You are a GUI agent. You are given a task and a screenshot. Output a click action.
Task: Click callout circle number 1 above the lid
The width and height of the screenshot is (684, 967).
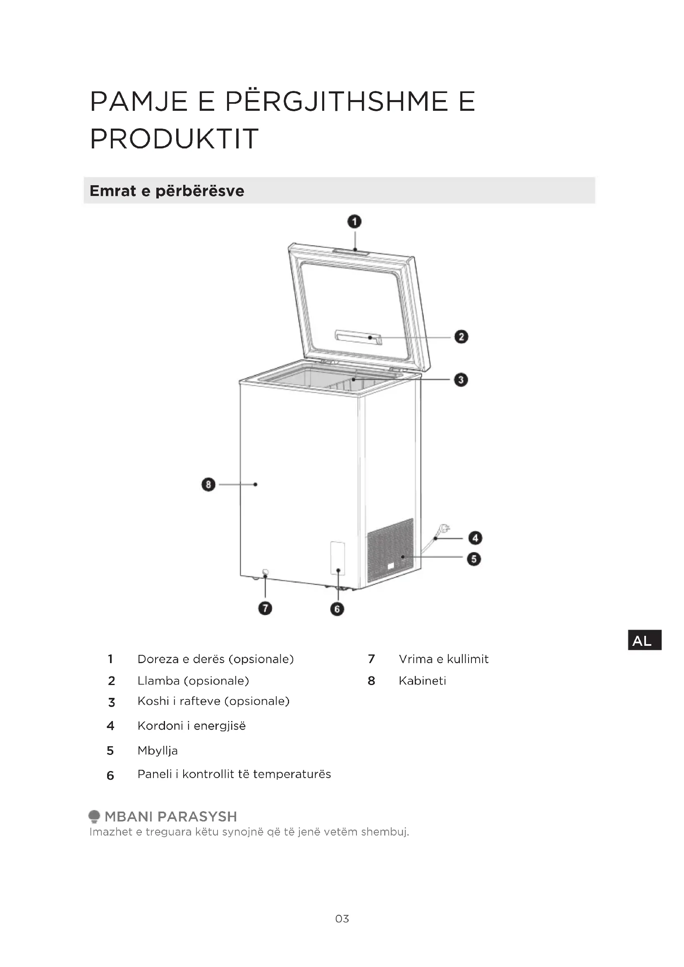click(354, 222)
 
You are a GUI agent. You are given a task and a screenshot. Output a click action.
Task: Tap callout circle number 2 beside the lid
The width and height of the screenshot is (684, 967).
click(461, 337)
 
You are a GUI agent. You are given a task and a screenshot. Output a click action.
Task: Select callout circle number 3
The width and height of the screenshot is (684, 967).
click(461, 380)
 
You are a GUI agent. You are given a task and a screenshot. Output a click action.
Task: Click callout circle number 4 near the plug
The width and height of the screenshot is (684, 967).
click(476, 538)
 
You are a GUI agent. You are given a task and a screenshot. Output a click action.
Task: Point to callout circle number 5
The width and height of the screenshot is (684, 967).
click(474, 559)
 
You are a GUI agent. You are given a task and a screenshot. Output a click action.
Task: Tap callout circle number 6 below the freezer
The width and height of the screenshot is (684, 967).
click(337, 609)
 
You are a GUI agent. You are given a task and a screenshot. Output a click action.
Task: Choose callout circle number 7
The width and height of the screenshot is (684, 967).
click(265, 608)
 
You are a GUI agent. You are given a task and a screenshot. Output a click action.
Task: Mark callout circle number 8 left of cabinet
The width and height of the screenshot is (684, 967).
click(208, 485)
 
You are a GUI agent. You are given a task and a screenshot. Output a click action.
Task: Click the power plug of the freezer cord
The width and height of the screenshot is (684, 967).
click(443, 529)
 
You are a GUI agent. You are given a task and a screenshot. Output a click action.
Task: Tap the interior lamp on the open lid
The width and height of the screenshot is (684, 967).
click(359, 337)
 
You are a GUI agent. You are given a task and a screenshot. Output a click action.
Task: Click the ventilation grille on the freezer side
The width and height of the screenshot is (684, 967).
click(390, 549)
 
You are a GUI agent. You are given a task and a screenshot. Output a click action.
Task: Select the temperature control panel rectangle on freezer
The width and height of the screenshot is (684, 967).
click(337, 558)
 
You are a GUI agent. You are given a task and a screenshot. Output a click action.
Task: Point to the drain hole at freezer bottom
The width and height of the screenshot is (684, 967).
click(265, 572)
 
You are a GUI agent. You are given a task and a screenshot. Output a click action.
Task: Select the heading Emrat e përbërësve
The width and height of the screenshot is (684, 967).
click(167, 191)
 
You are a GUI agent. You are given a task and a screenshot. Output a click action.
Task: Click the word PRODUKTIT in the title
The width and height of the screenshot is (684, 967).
click(174, 138)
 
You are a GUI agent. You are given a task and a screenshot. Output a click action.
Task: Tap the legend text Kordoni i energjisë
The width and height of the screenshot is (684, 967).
click(191, 726)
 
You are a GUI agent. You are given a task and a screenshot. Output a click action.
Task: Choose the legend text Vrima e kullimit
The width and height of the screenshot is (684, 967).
click(443, 659)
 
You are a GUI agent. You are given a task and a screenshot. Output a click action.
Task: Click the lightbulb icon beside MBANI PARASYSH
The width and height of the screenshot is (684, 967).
click(94, 816)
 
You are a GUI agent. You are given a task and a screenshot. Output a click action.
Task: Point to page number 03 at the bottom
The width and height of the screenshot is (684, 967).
click(342, 919)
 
